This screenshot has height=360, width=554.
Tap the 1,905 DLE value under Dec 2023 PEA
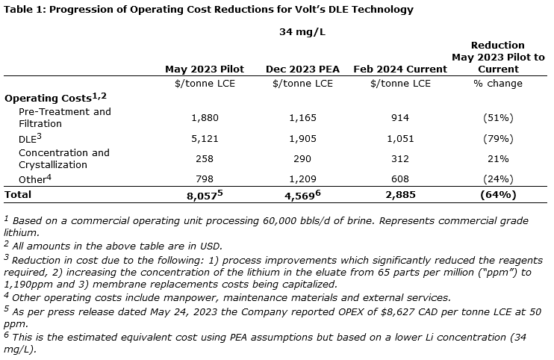pyautogui.click(x=302, y=138)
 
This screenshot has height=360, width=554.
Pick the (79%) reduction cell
pyautogui.click(x=498, y=138)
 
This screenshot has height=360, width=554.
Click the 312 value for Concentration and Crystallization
pyautogui.click(x=399, y=158)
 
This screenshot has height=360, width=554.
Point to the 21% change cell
pyautogui.click(x=498, y=158)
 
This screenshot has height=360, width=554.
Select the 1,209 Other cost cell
pyautogui.click(x=302, y=179)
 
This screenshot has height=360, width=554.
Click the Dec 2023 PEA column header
pyautogui.click(x=302, y=69)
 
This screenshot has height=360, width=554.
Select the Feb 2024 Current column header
pyautogui.click(x=399, y=69)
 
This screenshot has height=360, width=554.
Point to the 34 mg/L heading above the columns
pyautogui.click(x=302, y=32)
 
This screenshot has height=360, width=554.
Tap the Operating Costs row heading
pyautogui.click(x=49, y=98)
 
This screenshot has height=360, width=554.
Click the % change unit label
pyautogui.click(x=498, y=83)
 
